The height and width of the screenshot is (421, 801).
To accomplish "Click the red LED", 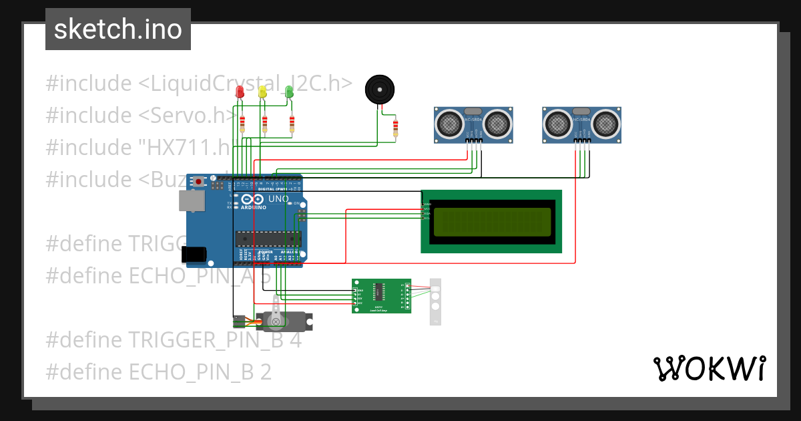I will coord(240,93).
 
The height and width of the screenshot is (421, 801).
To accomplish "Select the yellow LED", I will coord(263,92).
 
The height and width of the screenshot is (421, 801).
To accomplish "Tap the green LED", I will coord(289,92).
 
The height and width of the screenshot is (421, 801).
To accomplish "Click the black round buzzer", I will coord(380,89).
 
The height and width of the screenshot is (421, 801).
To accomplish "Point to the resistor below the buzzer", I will coord(396,127).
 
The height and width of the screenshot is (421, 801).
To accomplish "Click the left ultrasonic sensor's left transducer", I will coord(451,123).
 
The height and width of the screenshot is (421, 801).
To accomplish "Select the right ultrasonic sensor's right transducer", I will coord(604,123).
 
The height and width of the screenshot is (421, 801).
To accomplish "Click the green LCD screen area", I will coord(492,222).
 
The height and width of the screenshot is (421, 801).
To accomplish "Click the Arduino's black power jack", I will coord(194,254).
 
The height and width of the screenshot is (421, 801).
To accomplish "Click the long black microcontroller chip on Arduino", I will coord(268,239).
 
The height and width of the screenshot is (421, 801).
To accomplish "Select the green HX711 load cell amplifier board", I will coord(381,295).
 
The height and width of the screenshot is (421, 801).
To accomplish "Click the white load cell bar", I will coord(436,301).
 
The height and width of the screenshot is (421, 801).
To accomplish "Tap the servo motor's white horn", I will coord(274,322).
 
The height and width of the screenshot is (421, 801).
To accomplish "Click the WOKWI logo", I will coord(709,368).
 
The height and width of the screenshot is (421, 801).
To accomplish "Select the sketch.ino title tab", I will coord(118,29).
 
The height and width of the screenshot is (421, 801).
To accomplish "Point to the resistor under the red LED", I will coord(242,124).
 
